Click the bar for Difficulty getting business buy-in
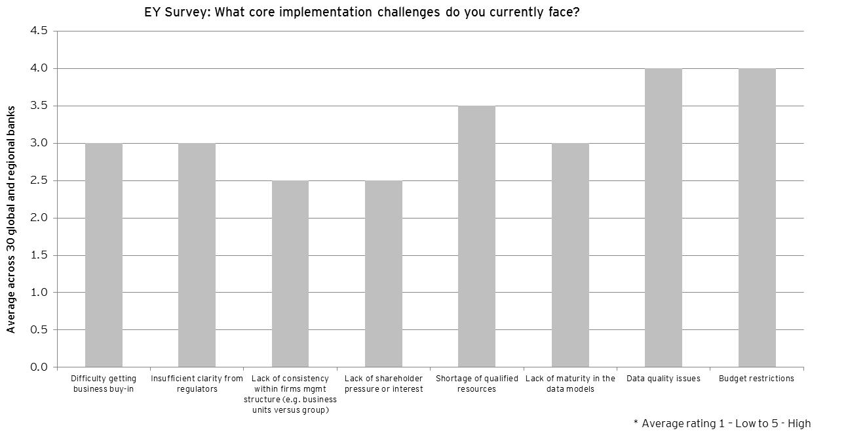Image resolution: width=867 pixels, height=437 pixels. (x=104, y=255)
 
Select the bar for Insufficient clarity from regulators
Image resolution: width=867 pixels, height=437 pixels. (x=197, y=255)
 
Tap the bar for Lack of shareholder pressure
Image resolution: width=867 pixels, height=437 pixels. (x=383, y=274)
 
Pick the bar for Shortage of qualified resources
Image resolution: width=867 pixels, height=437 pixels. (x=477, y=236)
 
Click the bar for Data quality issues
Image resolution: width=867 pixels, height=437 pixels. (x=663, y=218)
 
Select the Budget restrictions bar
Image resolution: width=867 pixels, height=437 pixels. (x=757, y=218)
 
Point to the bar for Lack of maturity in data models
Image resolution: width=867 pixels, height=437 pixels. (x=571, y=255)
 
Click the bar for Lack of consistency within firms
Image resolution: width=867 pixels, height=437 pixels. (x=290, y=274)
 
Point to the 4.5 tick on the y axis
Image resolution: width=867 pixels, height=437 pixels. (x=39, y=31)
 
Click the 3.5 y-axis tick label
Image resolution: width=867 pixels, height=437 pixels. (x=39, y=106)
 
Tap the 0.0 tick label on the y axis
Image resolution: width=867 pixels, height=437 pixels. (x=39, y=367)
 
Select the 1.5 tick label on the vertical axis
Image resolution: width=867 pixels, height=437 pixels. (x=39, y=255)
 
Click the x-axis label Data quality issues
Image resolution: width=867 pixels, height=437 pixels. (x=663, y=379)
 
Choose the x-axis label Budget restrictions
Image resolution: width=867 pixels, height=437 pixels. (x=757, y=379)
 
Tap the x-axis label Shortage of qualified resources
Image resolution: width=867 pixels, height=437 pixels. (x=477, y=384)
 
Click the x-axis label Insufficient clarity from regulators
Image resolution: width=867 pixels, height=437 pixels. (x=197, y=384)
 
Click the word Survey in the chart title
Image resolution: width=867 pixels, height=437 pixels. (x=187, y=12)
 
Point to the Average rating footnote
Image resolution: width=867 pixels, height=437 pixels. (x=722, y=423)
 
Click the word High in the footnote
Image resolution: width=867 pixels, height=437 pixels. (x=800, y=423)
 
